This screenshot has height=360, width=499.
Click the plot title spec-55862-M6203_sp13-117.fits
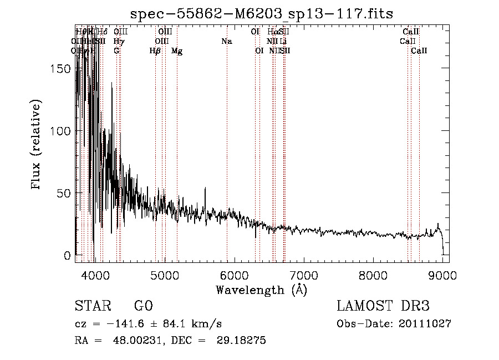tap(261, 13)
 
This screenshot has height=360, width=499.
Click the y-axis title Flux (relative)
tap(37, 145)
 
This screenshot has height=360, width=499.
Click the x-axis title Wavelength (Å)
tap(261, 290)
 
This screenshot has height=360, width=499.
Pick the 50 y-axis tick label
tap(65, 193)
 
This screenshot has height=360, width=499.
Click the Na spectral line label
tap(226, 42)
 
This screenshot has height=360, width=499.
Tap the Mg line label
tap(177, 51)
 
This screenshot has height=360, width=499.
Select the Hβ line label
tap(155, 51)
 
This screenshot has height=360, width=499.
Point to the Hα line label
tap(272, 32)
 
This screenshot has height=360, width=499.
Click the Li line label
tap(283, 42)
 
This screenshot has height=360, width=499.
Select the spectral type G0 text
tap(143, 306)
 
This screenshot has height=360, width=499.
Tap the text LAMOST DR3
tap(383, 306)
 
